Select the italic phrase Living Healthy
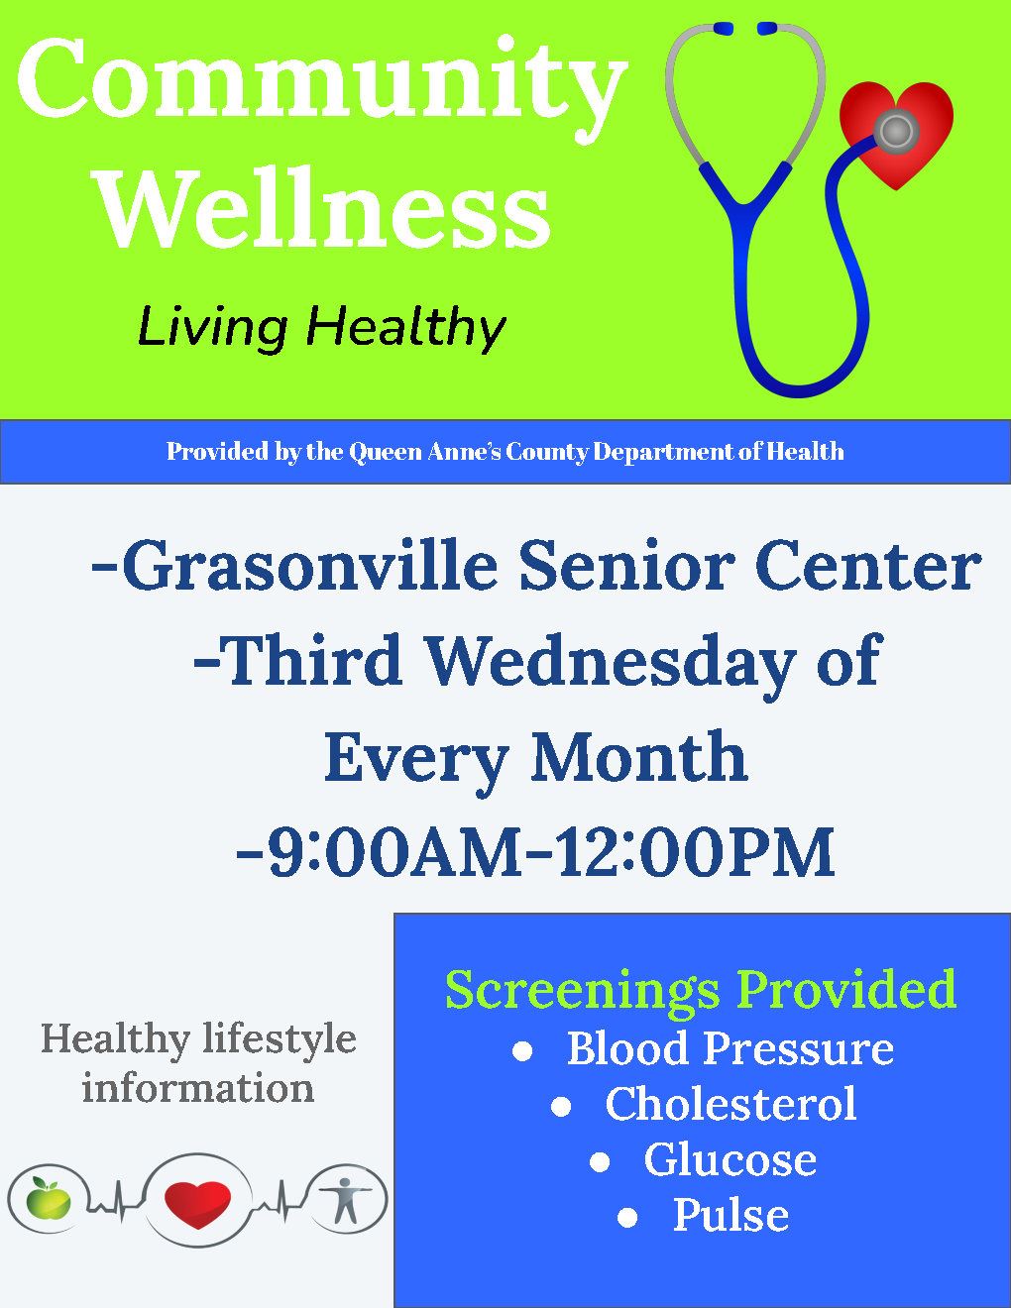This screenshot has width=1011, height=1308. coord(321,327)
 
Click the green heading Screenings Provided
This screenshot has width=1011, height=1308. coord(701,989)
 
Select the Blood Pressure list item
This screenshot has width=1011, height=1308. coord(730,1048)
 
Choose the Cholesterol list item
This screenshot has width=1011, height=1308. coord(730,1104)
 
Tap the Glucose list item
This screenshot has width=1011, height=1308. coord(730,1159)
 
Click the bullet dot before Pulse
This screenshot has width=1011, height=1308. coord(626,1217)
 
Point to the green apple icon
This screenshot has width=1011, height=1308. coord(49,1201)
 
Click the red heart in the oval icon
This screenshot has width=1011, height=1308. coord(197,1202)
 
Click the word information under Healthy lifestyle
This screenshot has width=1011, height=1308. coord(198,1088)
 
